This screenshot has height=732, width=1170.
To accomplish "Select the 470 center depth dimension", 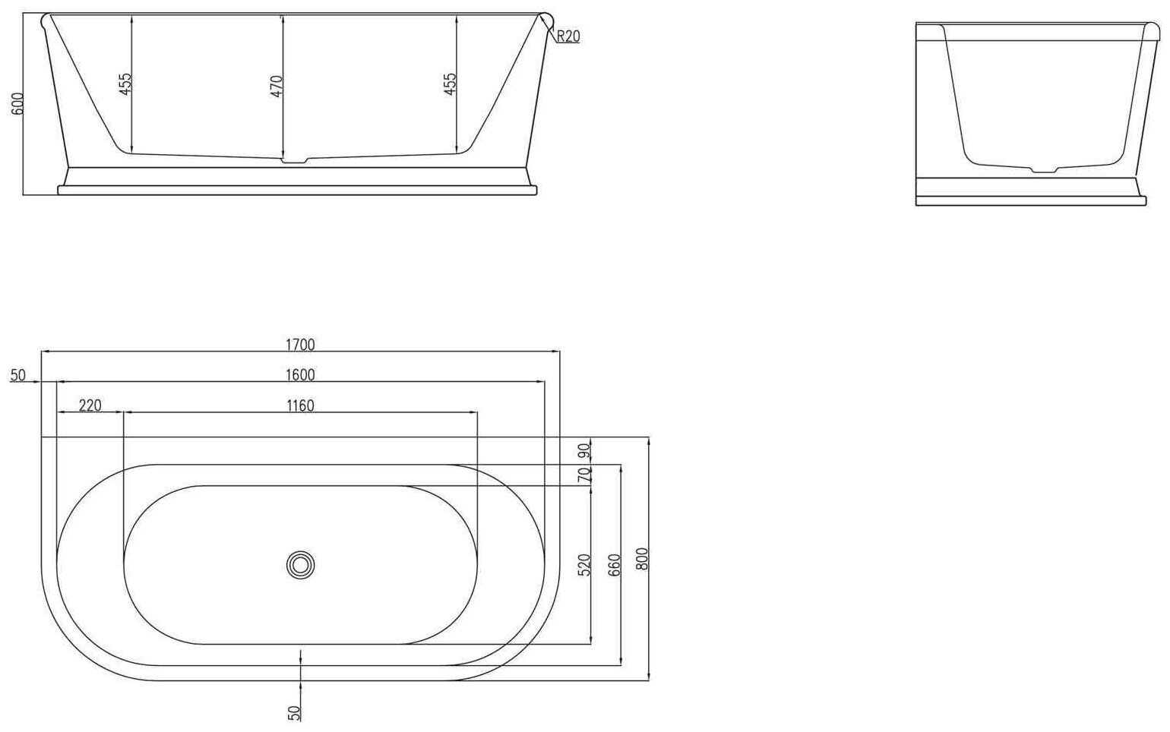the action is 277,86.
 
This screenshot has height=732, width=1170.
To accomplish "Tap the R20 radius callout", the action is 568,36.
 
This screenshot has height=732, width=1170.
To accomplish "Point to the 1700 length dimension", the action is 300,345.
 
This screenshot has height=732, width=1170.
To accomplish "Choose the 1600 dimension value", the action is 300,375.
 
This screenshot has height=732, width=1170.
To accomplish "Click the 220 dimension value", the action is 90,405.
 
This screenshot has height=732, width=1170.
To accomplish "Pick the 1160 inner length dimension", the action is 300,405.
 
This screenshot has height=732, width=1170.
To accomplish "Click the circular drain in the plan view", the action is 301,564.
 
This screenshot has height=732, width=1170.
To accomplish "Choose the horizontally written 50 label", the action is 18,375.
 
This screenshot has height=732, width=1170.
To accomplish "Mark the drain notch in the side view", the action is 1043,169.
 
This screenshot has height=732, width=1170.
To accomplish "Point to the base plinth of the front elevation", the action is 298,182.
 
